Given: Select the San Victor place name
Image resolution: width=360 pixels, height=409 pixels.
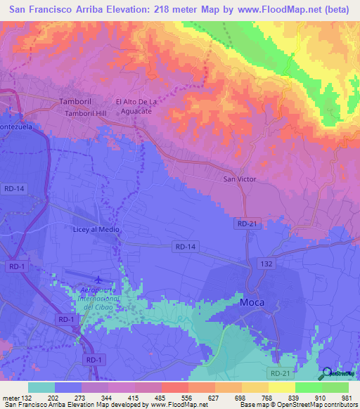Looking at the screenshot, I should tap(240, 179).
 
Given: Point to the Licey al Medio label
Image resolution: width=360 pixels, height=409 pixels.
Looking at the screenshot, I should tap(96, 230).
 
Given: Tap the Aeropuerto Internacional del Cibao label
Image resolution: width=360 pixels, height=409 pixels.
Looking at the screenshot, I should tap(99, 299).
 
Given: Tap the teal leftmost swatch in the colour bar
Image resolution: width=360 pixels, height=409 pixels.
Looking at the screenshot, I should tap(41, 387).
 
